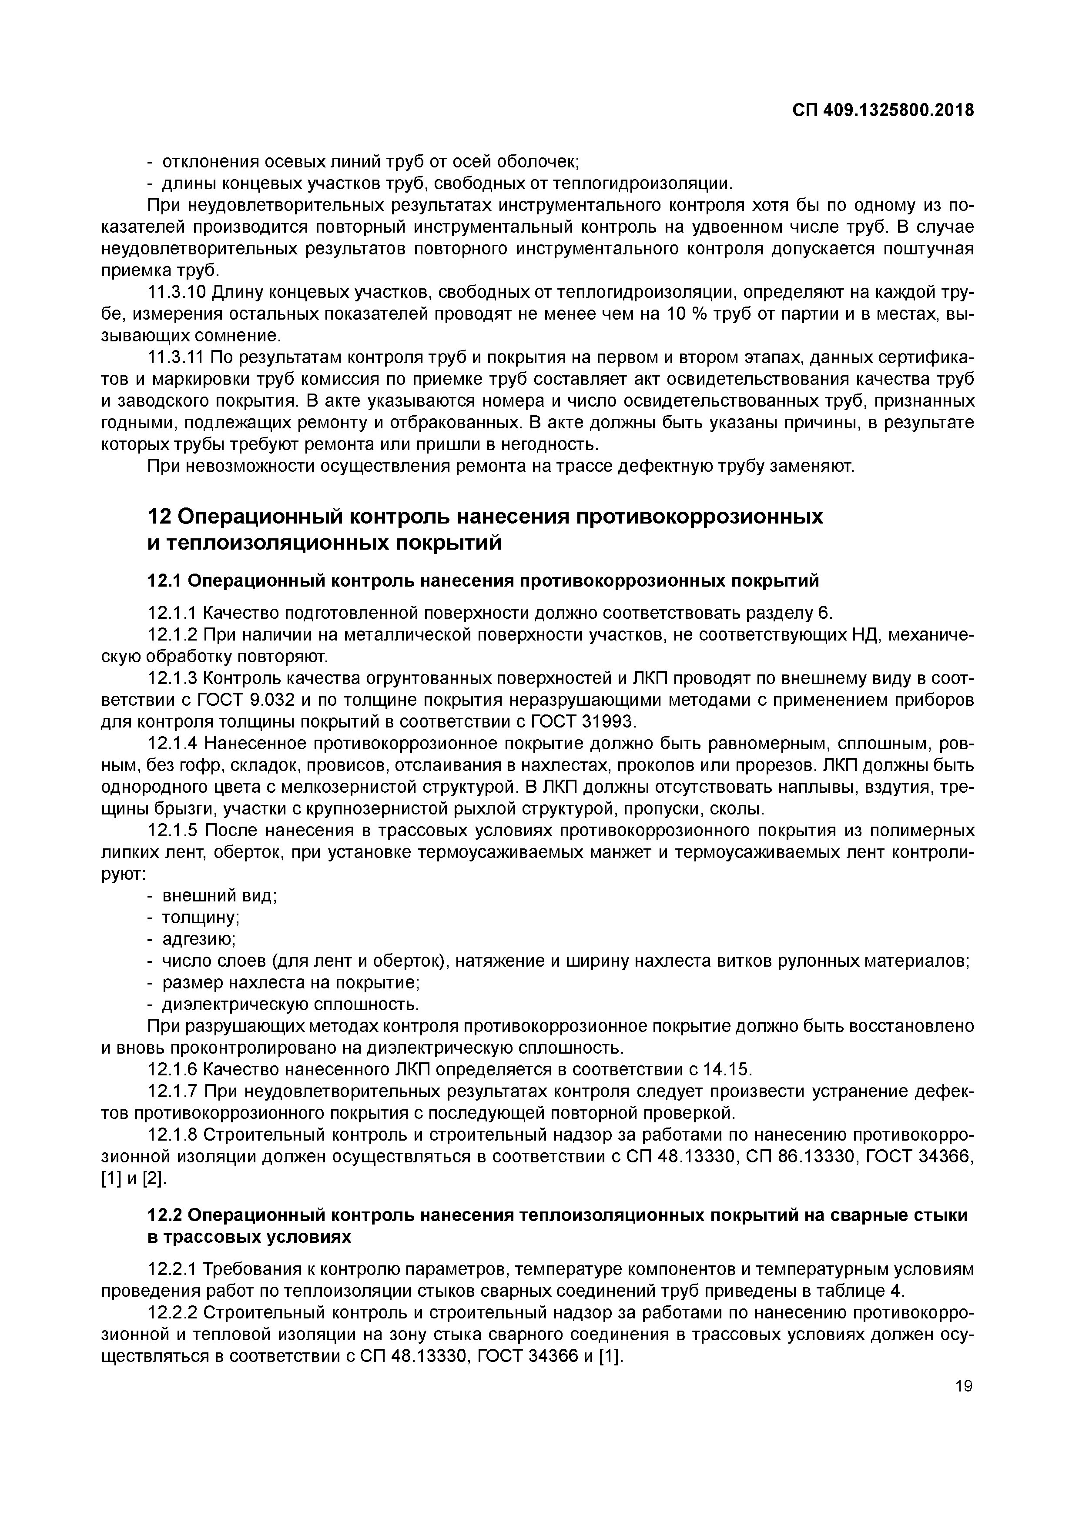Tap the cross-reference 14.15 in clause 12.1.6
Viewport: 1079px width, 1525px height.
tap(726, 1069)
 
